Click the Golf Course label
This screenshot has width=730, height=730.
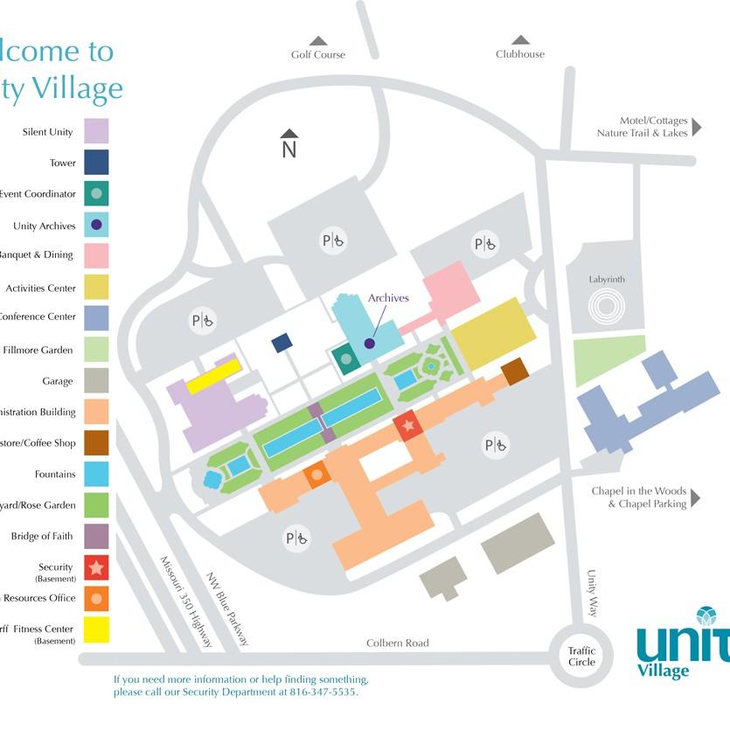click(x=318, y=54)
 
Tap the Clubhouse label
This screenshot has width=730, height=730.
click(x=520, y=54)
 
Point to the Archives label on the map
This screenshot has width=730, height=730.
click(x=388, y=298)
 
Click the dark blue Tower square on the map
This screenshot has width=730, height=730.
click(x=282, y=343)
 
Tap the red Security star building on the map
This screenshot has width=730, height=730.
click(x=407, y=426)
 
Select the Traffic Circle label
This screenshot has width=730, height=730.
click(x=581, y=656)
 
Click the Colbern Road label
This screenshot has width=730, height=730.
click(x=398, y=643)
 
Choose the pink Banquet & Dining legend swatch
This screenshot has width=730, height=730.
click(x=96, y=255)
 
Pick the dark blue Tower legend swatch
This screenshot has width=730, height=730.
click(x=96, y=163)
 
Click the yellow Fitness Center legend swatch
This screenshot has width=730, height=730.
click(x=96, y=629)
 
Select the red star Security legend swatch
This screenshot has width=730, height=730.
click(x=96, y=568)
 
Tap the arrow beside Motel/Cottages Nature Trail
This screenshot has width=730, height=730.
click(x=697, y=127)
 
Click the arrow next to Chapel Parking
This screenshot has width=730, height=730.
click(x=697, y=497)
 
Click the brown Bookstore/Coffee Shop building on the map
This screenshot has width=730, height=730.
click(x=515, y=371)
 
